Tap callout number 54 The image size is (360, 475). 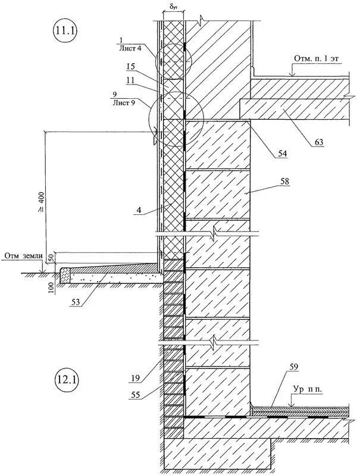[x=281, y=153]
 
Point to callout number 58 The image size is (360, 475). [x=279, y=188]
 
